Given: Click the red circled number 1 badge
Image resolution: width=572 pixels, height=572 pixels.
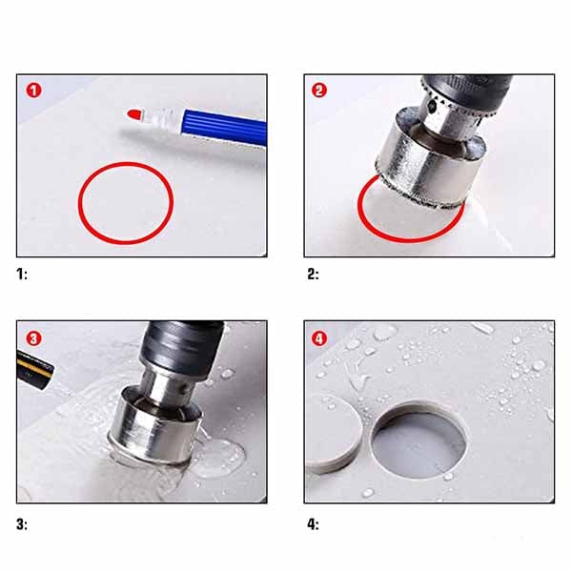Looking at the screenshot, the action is point(33,91).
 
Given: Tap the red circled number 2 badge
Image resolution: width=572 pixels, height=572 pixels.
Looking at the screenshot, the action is point(319,91).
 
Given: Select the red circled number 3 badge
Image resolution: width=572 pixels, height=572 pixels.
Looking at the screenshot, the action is point(33,338).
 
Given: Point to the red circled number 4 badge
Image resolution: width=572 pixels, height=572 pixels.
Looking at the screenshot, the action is point(319,338).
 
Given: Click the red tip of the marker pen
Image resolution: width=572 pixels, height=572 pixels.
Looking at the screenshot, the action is point(135,114).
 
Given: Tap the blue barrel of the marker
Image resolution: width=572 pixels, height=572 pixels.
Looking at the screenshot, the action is point(225,128).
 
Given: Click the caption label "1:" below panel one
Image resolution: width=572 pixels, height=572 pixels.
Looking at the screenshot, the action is point(22,274).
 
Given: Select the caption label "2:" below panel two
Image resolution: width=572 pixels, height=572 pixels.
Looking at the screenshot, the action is point(313,274).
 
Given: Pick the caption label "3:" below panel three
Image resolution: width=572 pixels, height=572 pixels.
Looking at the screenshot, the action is point(22,524).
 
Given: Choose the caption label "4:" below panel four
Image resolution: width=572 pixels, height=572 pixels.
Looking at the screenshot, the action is point(313,524).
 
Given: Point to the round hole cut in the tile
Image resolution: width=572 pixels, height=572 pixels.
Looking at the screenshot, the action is point(419,439).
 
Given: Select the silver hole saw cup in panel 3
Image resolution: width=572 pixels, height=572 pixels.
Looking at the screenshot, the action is point(155,427).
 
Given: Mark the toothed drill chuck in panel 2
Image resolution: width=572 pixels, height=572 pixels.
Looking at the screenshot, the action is point(451,110).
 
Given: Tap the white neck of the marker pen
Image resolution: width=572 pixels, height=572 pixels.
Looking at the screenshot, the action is point(163,117).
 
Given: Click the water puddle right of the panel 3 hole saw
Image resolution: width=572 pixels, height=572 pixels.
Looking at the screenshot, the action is point(218,459).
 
